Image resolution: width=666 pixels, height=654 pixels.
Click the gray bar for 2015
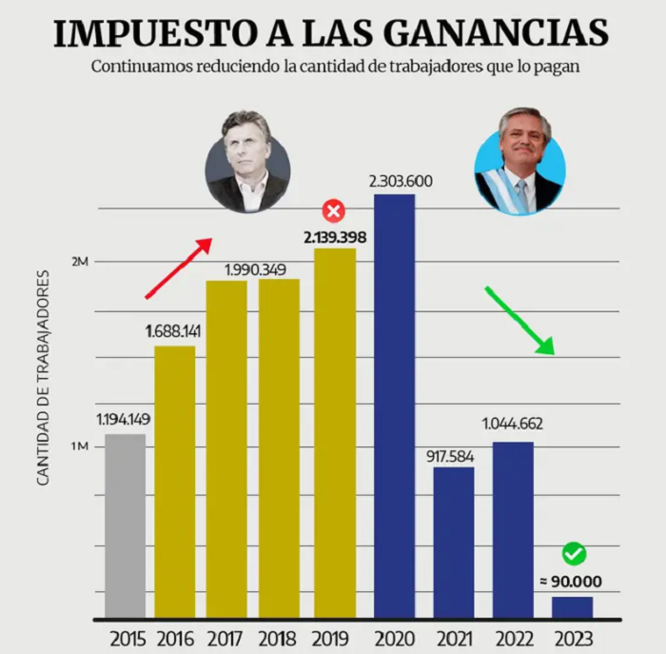(126, 526)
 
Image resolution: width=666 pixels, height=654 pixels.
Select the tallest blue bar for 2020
(394, 406)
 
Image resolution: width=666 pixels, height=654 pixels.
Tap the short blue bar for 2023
(572, 607)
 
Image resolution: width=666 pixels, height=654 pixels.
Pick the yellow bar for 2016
(175, 482)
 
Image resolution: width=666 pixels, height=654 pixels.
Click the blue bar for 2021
(454, 543)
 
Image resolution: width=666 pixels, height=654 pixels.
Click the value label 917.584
(450, 456)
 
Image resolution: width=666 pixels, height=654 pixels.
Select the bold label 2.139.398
(335, 238)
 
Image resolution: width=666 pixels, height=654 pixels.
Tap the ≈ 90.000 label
(571, 582)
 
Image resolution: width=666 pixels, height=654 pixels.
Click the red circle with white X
(334, 211)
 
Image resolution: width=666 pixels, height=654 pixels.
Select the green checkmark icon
(575, 554)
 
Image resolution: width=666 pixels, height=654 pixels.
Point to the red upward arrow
(179, 268)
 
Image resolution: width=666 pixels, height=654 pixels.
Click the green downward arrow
(519, 321)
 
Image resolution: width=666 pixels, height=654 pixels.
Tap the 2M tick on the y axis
(80, 262)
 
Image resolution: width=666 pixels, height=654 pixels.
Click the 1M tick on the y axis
(79, 446)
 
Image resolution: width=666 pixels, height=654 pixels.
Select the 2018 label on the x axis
(278, 639)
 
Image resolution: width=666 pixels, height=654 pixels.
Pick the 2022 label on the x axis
(515, 639)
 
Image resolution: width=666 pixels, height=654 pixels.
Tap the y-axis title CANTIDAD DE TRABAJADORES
(43, 377)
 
